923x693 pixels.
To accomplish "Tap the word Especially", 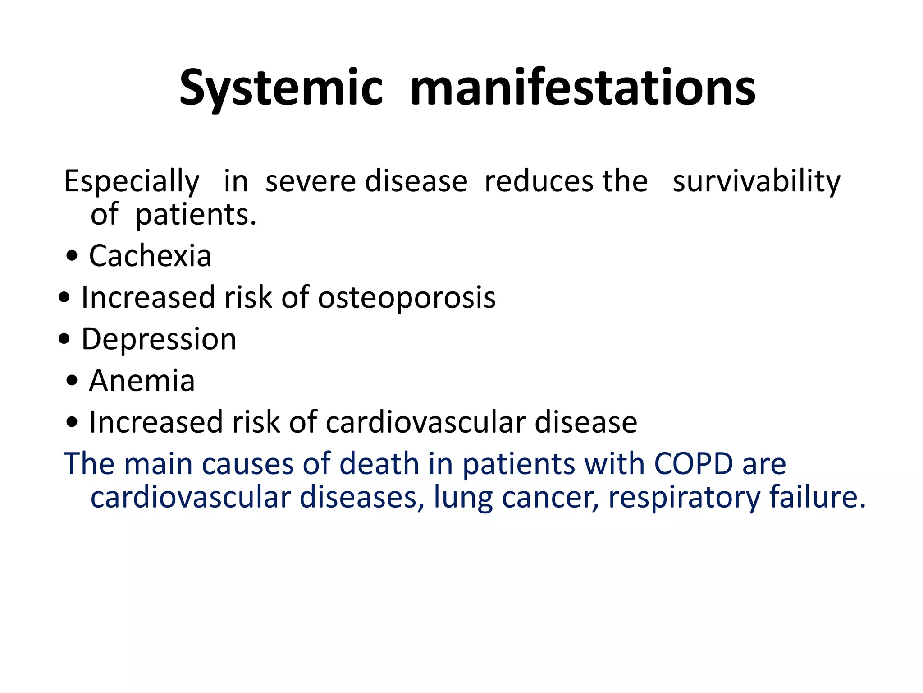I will point(132,182).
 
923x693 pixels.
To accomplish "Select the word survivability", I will point(756,182).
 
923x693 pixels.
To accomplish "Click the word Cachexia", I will point(150,256).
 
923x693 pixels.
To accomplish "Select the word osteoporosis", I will point(407,298).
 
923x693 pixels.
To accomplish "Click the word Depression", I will point(159,339).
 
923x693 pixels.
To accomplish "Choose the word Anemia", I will point(142,381).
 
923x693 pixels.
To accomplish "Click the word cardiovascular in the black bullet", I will point(425,423).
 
